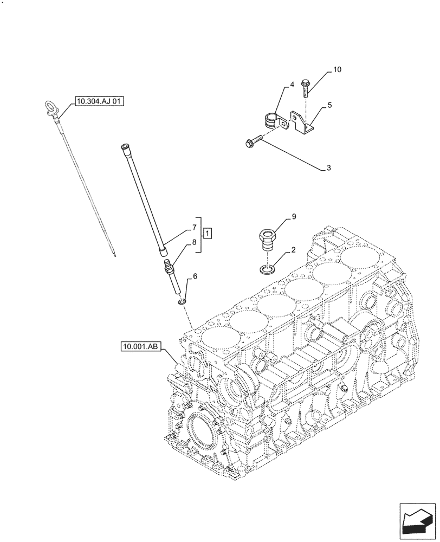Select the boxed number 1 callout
208,234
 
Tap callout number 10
337,70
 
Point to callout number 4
291,85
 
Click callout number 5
329,105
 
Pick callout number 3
328,169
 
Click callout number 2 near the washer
293,250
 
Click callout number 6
195,276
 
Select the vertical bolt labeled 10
305,88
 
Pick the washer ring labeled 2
266,268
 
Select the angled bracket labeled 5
302,123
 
